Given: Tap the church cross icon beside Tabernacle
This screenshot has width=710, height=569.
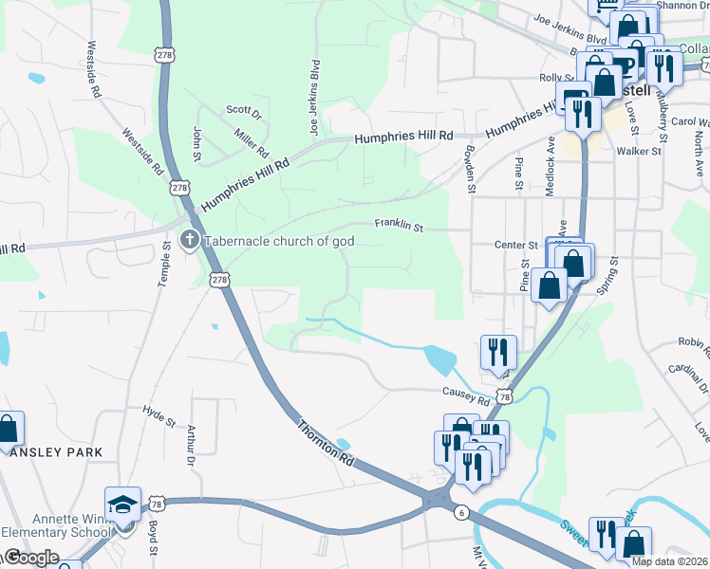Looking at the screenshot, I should pyautogui.click(x=190, y=240).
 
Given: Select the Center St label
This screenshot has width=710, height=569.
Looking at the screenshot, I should pyautogui.click(x=516, y=245).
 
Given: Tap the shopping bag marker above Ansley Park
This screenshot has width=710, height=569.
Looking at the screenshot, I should pyautogui.click(x=8, y=430).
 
